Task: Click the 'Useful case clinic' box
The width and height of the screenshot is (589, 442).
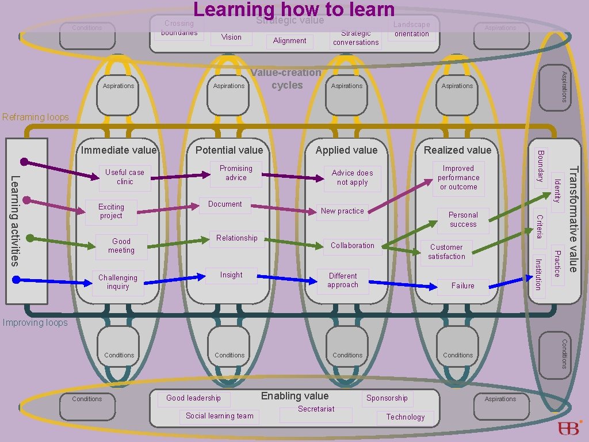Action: click(125, 177)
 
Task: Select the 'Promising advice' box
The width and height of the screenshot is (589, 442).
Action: click(236, 173)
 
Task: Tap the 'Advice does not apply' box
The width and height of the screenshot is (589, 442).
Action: click(352, 178)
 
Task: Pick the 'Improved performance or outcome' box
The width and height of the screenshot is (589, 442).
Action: click(458, 178)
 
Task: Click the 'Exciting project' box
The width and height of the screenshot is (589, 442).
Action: click(111, 212)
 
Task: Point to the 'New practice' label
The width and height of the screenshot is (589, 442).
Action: click(342, 211)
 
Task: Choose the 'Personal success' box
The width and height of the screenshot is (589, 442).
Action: click(463, 220)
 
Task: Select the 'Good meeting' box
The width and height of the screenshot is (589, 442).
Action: click(121, 246)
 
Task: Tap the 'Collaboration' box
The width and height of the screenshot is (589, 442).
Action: click(352, 246)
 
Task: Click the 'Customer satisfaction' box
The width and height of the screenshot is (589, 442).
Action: click(446, 252)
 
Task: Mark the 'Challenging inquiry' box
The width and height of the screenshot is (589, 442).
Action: click(118, 282)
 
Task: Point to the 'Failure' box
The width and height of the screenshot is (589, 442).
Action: click(463, 286)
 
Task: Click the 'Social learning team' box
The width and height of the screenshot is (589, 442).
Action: click(220, 416)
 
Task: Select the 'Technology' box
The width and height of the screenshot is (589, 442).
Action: click(406, 417)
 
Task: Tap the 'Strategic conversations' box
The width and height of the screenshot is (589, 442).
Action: click(356, 38)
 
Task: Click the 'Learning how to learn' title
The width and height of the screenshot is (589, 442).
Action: click(294, 9)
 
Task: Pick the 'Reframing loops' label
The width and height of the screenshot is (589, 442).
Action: click(36, 117)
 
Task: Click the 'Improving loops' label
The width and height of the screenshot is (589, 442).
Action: click(35, 323)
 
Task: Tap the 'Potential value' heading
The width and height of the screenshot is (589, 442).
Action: click(229, 150)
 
